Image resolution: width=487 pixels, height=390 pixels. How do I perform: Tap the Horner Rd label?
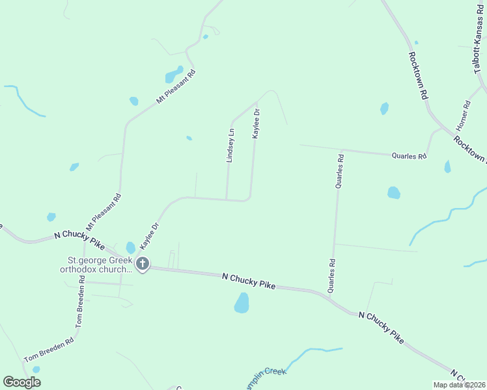466,114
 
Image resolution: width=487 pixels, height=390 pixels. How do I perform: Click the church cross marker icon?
143,265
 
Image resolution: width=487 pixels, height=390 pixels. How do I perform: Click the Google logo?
22,382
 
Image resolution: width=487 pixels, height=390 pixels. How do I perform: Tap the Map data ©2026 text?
458,385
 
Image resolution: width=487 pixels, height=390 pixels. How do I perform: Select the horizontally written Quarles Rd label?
409,156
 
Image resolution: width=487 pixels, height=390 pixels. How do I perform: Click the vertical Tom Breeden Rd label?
80,302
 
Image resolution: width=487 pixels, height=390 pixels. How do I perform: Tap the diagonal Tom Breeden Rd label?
49,349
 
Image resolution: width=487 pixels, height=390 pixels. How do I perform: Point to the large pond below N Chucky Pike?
242,302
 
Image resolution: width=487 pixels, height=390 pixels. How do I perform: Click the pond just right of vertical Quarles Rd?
393,192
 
